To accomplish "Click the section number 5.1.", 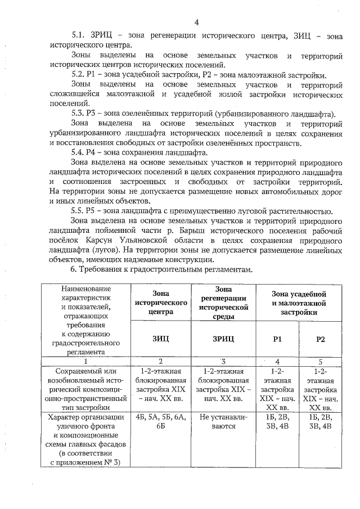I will [79, 35].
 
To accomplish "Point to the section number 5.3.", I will [79, 113].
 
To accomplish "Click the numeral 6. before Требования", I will [75, 269].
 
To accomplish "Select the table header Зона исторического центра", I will [161, 302].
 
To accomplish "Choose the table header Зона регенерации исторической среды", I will [223, 302].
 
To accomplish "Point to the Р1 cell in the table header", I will [277, 339].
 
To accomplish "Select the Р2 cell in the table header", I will [320, 339].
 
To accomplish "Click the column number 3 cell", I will [223, 361].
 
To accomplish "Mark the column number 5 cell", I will [320, 361].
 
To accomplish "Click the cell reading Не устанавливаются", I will [223, 422].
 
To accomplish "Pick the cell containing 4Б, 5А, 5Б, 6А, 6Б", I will [161, 422].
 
